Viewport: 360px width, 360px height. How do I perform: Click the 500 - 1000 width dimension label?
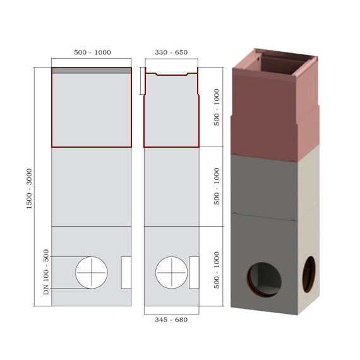coord(92,52)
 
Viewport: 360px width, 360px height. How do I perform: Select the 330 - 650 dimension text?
coord(171,52)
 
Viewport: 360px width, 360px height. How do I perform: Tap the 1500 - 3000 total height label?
coord(29,189)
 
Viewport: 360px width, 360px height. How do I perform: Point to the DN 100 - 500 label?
coord(46,272)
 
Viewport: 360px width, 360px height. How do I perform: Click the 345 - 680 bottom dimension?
coord(171,320)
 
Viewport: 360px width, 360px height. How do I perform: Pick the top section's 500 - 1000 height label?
coord(217,107)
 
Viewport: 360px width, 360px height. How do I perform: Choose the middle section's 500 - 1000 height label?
coord(217,186)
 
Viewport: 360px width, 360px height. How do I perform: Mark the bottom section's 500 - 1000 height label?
coord(217,270)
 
